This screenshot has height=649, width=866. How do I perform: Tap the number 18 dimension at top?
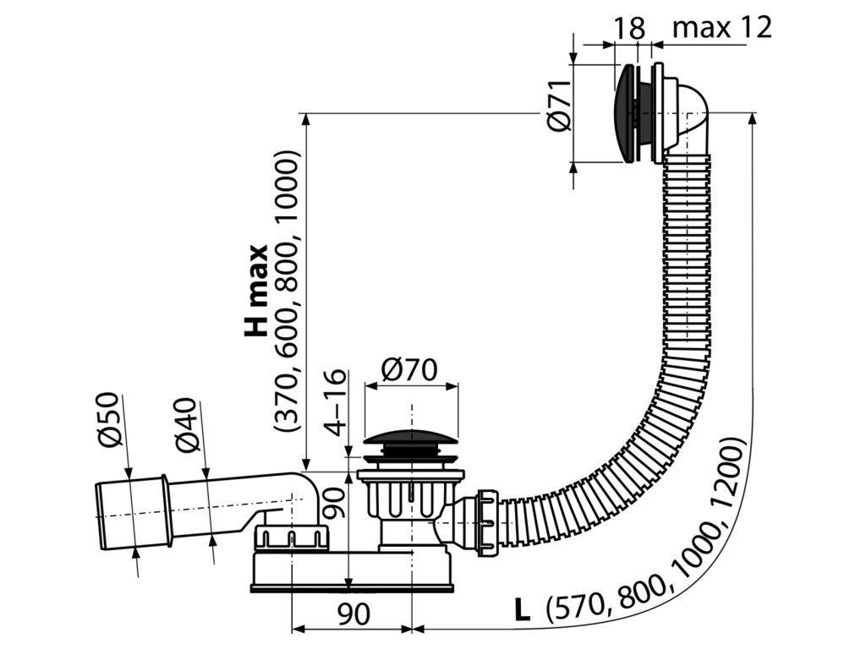click(x=629, y=28)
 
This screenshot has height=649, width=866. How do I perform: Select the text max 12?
click(x=722, y=28)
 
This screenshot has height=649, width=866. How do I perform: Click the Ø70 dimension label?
click(x=408, y=369)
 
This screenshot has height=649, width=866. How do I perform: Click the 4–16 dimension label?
click(x=337, y=401)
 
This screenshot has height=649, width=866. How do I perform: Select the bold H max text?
click(x=256, y=291)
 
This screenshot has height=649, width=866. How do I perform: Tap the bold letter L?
click(x=523, y=610)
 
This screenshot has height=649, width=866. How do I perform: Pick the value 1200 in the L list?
click(x=730, y=475)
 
